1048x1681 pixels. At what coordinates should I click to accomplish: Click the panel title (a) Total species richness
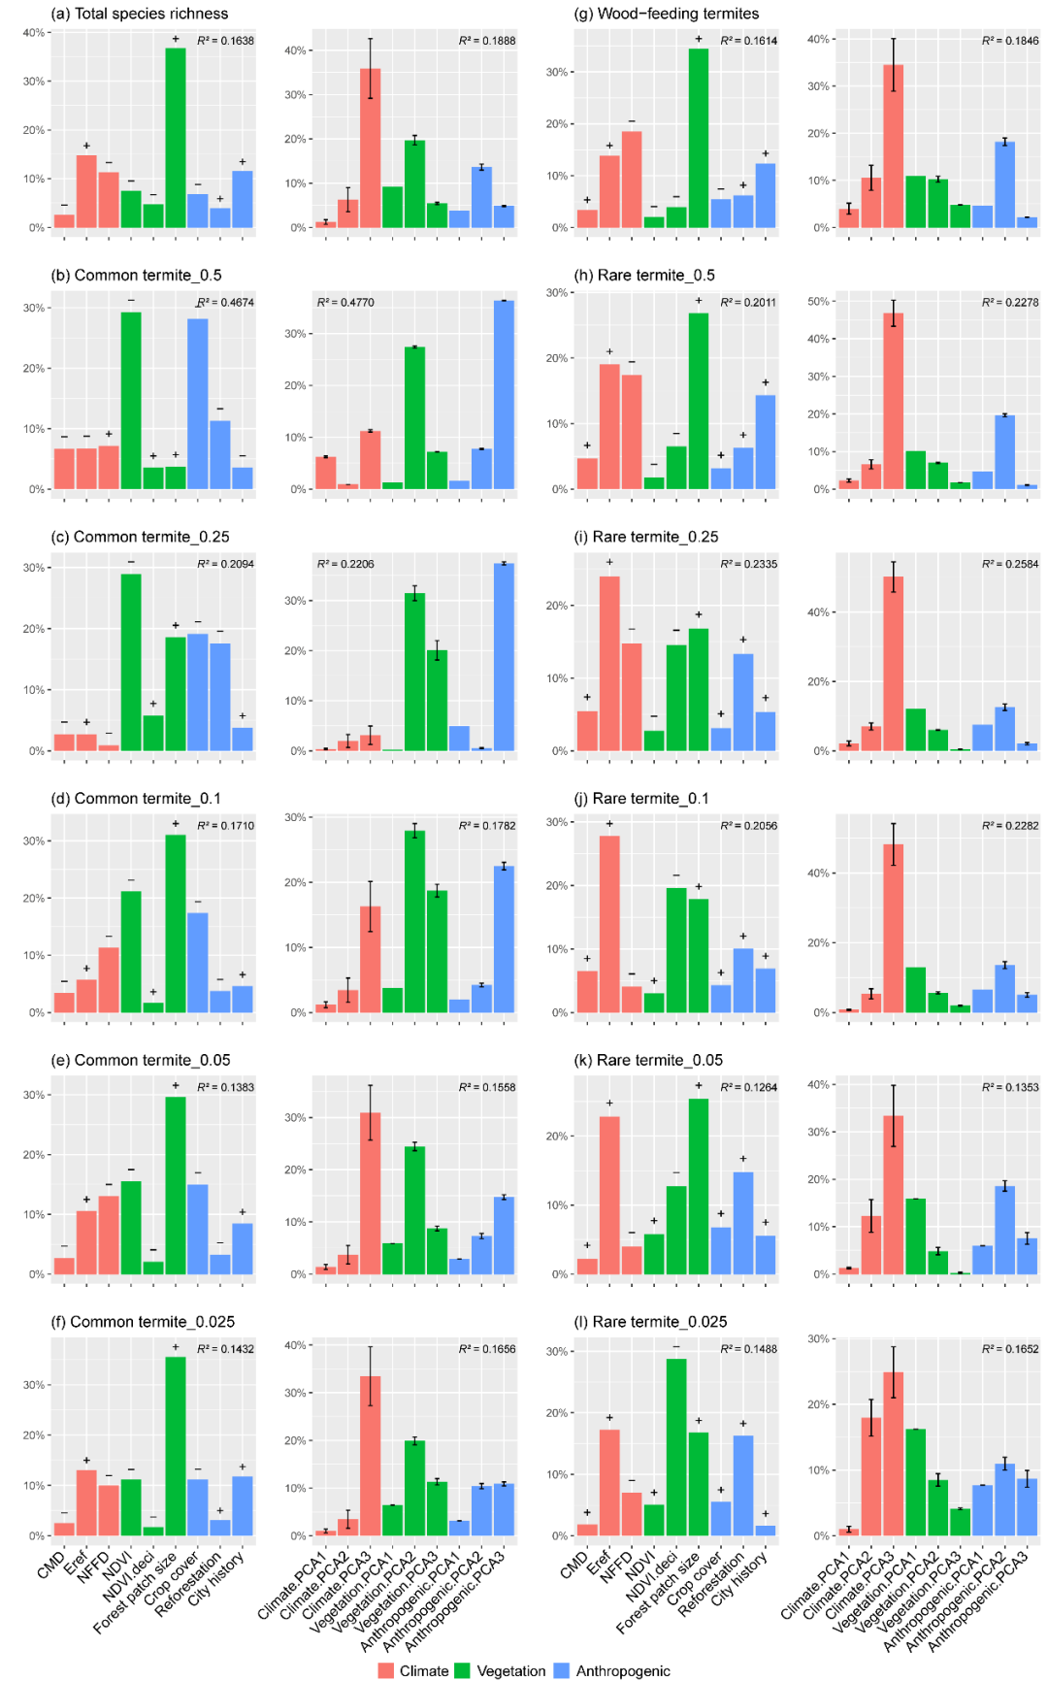140,14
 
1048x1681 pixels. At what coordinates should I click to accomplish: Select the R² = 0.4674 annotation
226,303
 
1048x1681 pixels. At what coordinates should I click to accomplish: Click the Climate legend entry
414,1670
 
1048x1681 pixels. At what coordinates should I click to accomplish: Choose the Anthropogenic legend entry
612,1670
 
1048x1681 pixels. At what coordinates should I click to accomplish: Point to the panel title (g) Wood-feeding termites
667,14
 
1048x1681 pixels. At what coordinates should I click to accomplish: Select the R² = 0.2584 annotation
1010,564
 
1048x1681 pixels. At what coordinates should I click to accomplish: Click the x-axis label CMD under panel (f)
51,1564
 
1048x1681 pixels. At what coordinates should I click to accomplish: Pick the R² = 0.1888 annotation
487,41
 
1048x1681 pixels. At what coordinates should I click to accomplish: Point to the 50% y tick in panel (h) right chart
818,302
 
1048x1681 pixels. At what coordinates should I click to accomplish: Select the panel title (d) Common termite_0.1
136,799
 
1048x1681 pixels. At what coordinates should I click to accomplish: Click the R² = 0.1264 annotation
748,1087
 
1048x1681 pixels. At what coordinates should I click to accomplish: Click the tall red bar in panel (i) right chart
894,664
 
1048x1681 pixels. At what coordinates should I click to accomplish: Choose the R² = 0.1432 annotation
226,1349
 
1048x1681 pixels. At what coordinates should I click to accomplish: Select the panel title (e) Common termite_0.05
141,1060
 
